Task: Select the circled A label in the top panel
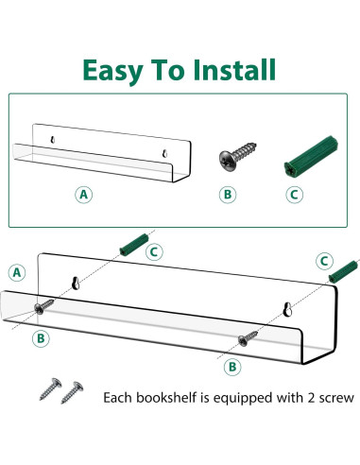[x=84, y=195]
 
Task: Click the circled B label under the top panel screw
[x=226, y=195]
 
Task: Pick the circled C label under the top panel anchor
[x=295, y=195]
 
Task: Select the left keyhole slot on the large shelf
[x=75, y=282]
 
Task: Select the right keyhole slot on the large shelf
[x=288, y=309]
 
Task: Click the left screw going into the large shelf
[x=44, y=305]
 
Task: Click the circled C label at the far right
[x=324, y=260]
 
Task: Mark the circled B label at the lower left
[x=42, y=337]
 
